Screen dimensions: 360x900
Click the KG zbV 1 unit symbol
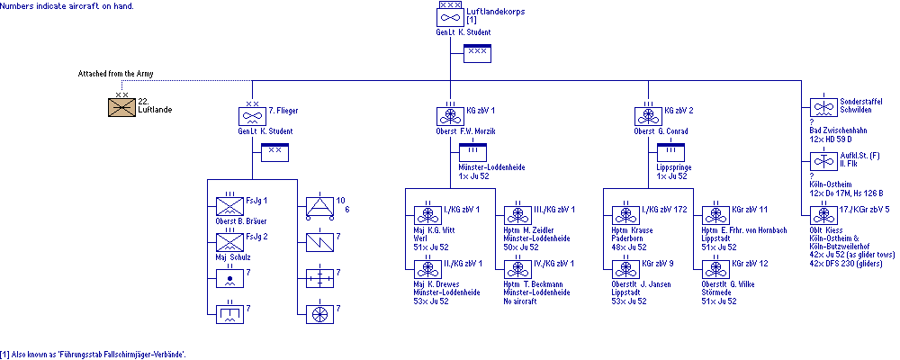pyautogui.click(x=450, y=116)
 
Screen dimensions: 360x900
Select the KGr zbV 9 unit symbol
pyautogui.click(x=626, y=268)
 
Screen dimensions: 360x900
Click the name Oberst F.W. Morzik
pyautogui.click(x=461, y=131)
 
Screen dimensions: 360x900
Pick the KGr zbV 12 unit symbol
pyautogui.click(x=716, y=268)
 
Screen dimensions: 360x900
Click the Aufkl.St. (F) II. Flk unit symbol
pyautogui.click(x=823, y=161)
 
